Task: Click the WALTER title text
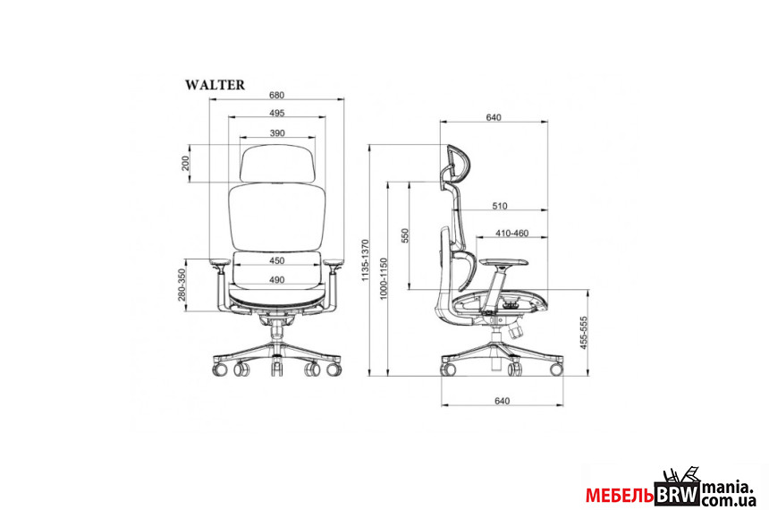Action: click(215, 85)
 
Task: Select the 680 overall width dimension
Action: click(276, 95)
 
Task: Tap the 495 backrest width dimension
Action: click(276, 113)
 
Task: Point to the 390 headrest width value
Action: click(277, 133)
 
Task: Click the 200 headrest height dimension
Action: click(185, 163)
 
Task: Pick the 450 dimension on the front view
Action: click(277, 260)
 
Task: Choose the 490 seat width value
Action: click(277, 280)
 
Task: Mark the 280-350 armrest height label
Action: click(182, 285)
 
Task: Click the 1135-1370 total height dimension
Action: click(365, 260)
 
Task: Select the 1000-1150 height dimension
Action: click(384, 278)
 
